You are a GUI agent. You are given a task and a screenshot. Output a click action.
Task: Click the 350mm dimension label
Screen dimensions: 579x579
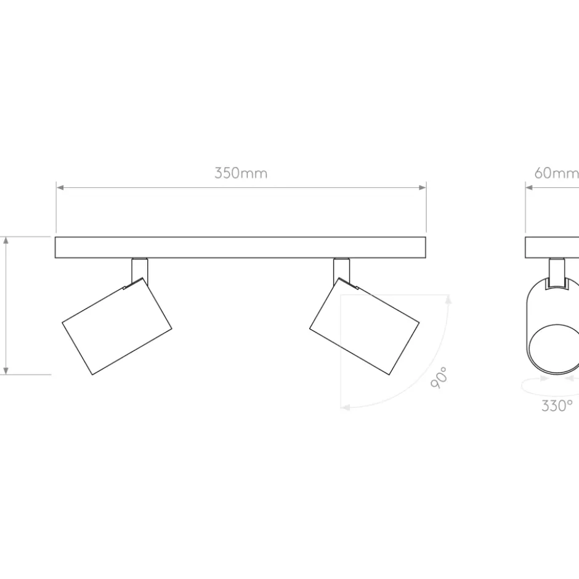click(241, 173)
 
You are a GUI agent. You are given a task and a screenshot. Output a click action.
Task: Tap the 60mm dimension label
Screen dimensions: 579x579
click(556, 173)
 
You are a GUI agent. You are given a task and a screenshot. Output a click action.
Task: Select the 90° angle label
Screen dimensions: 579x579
click(439, 378)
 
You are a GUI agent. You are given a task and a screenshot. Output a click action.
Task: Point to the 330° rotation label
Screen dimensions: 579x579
click(557, 406)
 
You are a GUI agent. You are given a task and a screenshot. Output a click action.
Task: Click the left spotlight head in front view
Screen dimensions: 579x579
click(117, 326)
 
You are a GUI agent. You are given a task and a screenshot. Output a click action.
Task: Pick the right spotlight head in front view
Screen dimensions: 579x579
click(364, 326)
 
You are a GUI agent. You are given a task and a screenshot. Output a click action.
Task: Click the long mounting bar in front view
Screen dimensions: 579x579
click(240, 248)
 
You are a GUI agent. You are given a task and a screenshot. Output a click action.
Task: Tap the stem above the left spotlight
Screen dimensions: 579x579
click(140, 270)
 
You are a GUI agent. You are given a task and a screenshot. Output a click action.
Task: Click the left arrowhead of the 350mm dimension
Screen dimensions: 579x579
click(60, 188)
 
